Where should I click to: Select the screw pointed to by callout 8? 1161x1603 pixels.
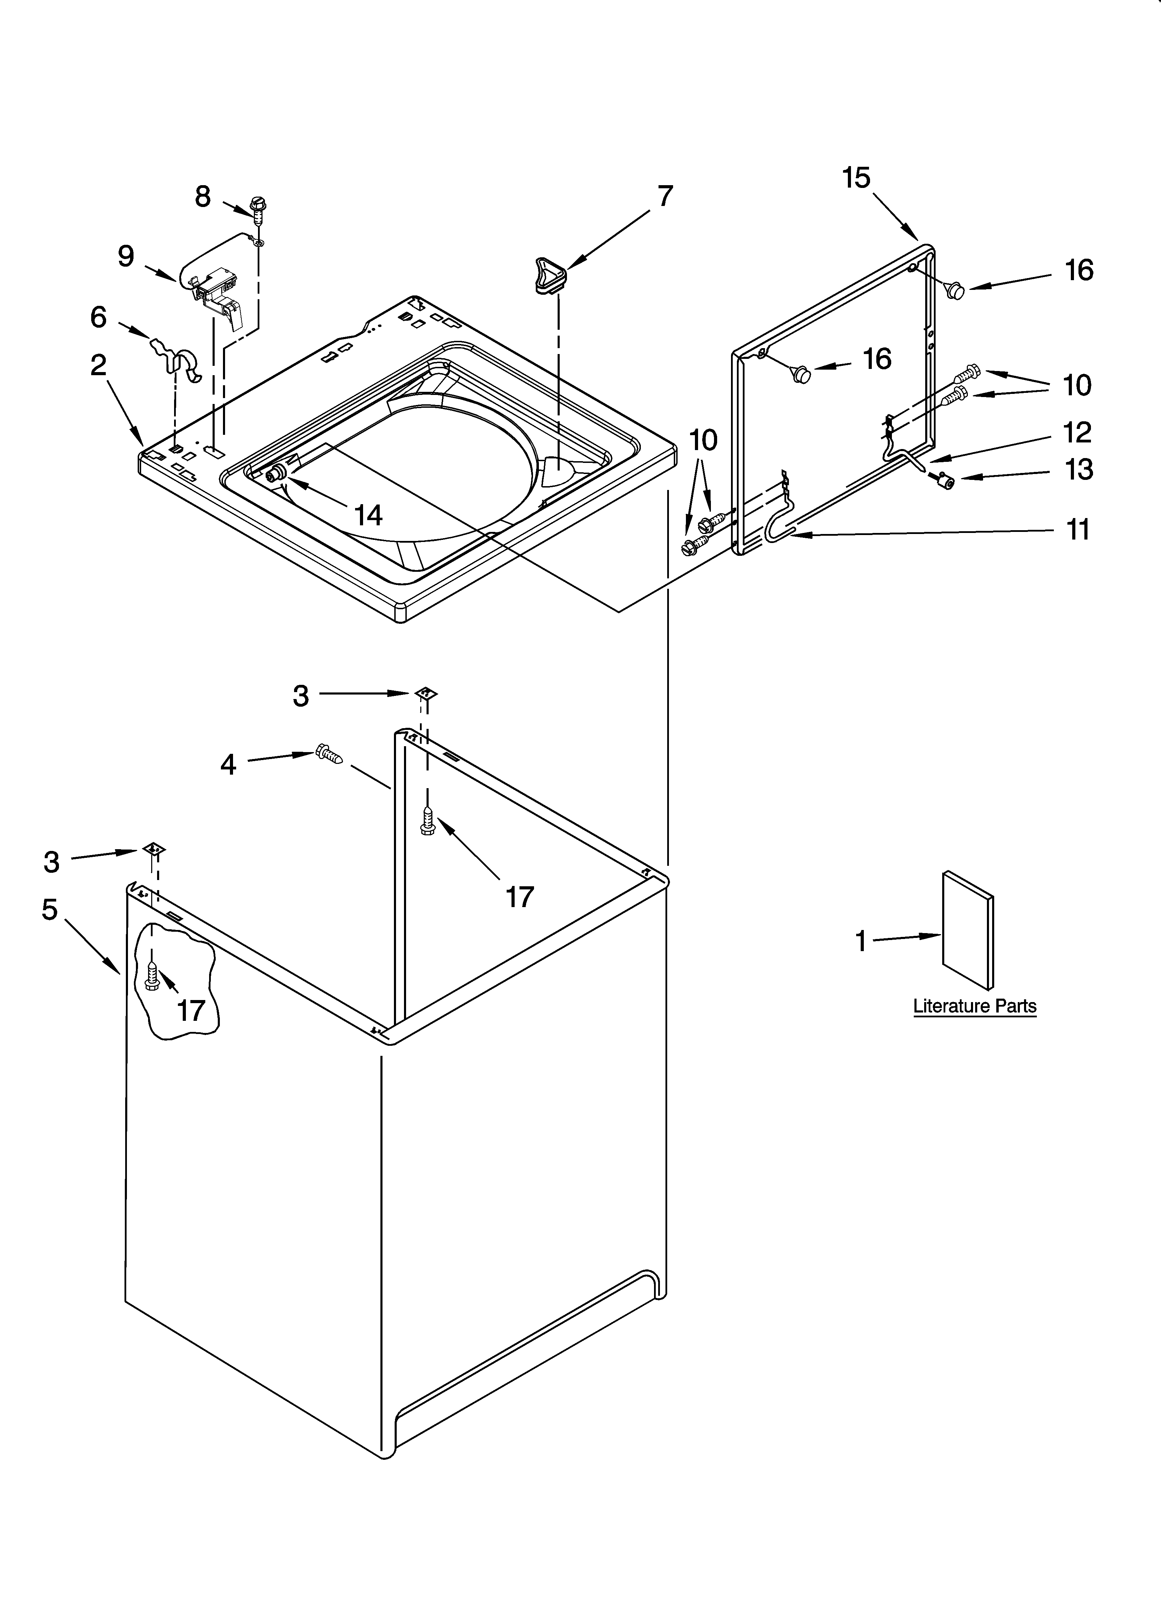pyautogui.click(x=259, y=210)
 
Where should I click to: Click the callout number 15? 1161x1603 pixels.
pyautogui.click(x=856, y=178)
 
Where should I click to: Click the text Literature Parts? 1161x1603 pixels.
pyautogui.click(x=974, y=1006)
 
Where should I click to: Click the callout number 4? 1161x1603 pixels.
pyautogui.click(x=228, y=765)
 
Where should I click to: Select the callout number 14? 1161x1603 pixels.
pyautogui.click(x=368, y=515)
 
